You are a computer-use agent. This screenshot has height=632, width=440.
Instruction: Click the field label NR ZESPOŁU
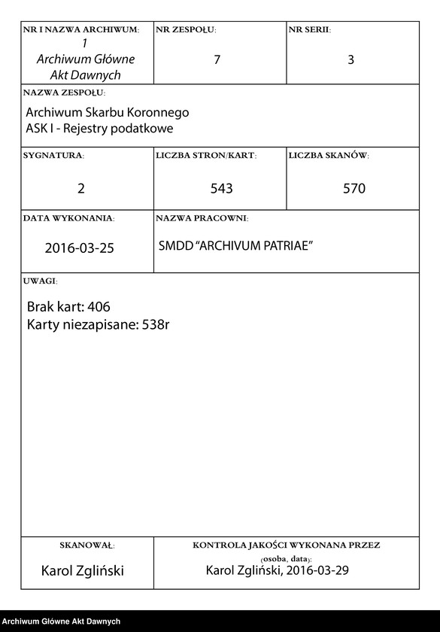coord(186,30)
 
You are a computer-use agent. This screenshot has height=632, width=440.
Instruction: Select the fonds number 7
coord(217,60)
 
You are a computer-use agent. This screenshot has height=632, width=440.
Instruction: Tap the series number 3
coord(350,60)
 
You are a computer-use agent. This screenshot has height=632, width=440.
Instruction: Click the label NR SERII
coord(309,30)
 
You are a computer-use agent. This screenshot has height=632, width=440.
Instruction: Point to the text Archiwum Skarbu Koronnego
coord(107,113)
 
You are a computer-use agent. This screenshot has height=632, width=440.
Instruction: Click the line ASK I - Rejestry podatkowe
coord(99,129)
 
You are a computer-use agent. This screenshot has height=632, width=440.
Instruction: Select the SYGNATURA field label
coord(53,156)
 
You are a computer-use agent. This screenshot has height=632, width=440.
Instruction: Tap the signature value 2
coord(81,188)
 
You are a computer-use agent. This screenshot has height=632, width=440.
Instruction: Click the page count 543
coord(221,188)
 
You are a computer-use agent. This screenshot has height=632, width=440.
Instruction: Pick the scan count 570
coord(354,188)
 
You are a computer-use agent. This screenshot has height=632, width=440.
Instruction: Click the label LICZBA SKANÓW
coord(329,156)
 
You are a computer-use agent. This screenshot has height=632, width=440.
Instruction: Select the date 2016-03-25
coord(80,248)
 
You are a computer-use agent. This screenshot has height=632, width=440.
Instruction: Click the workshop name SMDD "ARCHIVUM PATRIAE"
coord(235,247)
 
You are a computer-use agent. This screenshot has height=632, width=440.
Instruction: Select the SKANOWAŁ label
coord(86,545)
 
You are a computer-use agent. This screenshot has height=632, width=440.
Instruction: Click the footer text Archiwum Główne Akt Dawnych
coord(61,621)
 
